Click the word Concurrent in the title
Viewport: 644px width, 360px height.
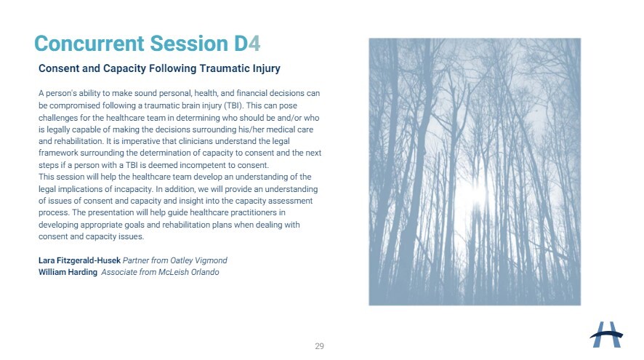(89, 44)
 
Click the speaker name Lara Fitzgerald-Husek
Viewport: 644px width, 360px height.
(80, 260)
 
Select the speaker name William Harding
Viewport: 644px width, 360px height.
(68, 272)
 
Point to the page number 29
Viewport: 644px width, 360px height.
(320, 346)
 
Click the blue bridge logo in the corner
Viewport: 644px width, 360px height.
(606, 335)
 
